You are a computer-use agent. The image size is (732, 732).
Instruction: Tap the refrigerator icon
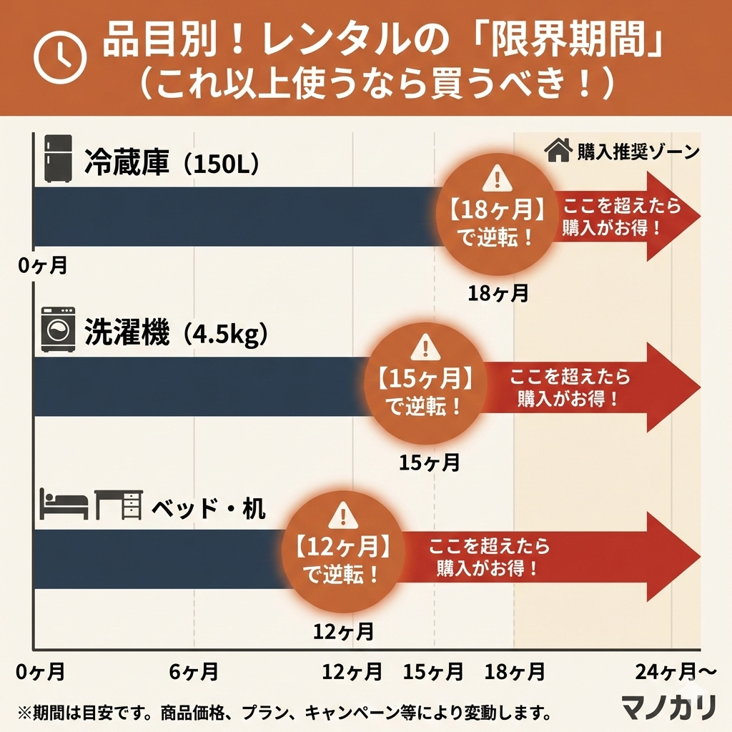57,158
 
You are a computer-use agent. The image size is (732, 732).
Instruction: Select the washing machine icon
59,330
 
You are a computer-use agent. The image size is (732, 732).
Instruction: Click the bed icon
64,505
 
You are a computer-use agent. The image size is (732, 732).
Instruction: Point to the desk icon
119,505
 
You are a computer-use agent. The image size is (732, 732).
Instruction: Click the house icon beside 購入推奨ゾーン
558,151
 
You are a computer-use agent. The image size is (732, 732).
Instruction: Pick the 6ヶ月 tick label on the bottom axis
194,672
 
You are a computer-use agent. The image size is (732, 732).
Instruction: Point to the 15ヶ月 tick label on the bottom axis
433,672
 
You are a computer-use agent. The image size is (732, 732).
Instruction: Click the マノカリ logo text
668,707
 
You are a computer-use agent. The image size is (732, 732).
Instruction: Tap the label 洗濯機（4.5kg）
176,334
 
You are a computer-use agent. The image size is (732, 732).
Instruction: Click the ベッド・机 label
208,509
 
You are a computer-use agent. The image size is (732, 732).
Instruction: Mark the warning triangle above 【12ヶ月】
343,515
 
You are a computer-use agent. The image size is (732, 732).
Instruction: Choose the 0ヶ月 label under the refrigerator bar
43,266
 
